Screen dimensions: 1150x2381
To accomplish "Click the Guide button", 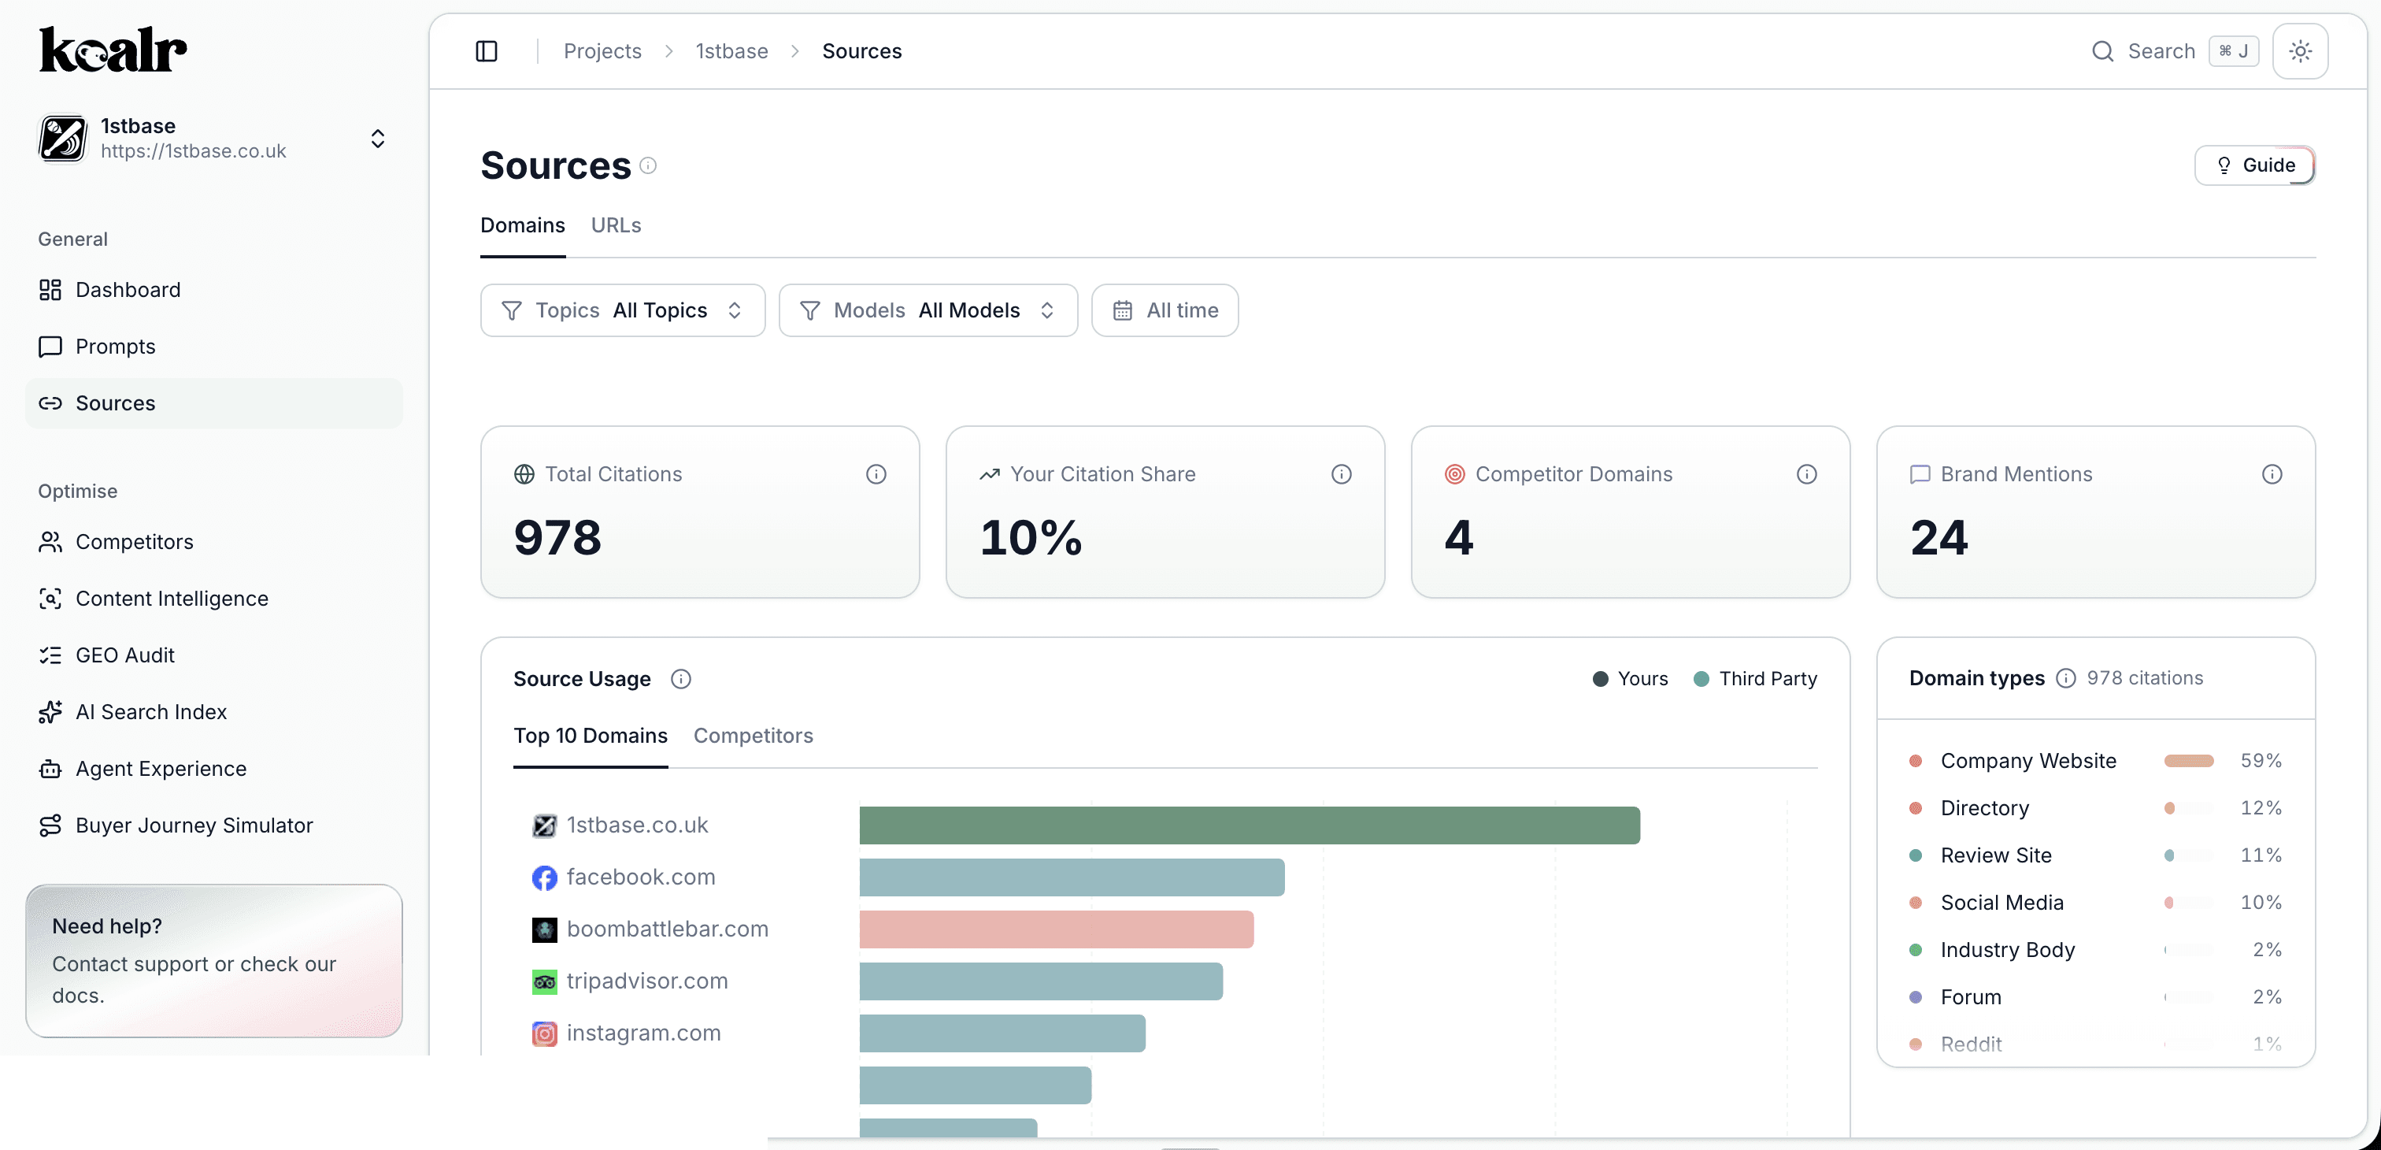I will [2254, 165].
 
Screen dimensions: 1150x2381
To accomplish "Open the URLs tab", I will [616, 225].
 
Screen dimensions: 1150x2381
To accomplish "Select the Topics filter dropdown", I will [622, 310].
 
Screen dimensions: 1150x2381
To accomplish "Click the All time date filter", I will [1165, 310].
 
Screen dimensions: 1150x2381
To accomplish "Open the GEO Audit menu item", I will [124, 655].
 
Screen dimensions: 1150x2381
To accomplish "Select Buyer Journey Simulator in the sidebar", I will [194, 825].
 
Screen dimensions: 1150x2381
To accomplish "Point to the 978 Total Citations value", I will [557, 538].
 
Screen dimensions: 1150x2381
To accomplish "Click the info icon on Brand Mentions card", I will [2271, 474].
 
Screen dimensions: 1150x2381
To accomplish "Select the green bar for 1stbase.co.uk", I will [1249, 825].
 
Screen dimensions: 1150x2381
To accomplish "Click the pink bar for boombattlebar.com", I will [1056, 929].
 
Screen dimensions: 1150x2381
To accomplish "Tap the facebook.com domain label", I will [641, 877].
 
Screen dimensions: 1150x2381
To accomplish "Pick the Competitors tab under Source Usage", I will [753, 736].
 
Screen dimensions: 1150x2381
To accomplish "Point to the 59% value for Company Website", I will [2260, 761].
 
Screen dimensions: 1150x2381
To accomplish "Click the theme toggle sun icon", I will [2300, 52].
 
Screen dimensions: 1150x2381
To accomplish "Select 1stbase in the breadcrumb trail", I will [731, 52].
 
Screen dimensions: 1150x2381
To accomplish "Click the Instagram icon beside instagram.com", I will [544, 1033].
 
